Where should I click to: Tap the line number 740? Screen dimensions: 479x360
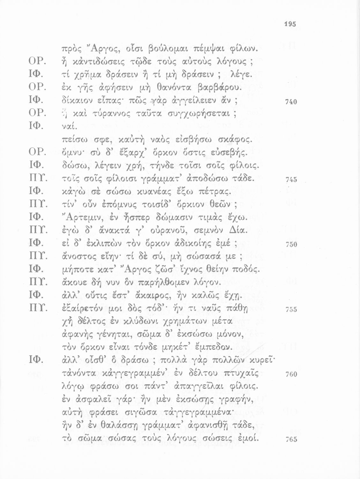pyautogui.click(x=291, y=102)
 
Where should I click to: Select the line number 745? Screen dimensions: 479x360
pyautogui.click(x=291, y=180)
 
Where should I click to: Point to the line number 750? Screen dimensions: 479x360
pyautogui.click(x=291, y=245)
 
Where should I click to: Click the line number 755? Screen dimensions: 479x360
pyautogui.click(x=291, y=309)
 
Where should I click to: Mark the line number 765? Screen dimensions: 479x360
pyautogui.click(x=291, y=439)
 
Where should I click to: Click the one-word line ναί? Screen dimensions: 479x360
pyautogui.click(x=67, y=127)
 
